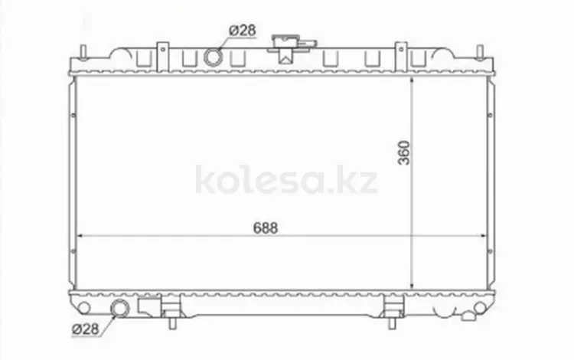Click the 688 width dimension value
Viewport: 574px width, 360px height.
(266, 227)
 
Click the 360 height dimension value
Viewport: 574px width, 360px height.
(404, 152)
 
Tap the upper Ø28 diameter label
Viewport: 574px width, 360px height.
(243, 30)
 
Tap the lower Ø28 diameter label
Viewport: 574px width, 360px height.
(86, 329)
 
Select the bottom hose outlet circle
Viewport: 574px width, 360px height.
(120, 308)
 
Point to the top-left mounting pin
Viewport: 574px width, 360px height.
(83, 51)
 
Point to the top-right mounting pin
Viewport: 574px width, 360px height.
(481, 51)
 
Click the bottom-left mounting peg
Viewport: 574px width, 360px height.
(172, 323)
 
